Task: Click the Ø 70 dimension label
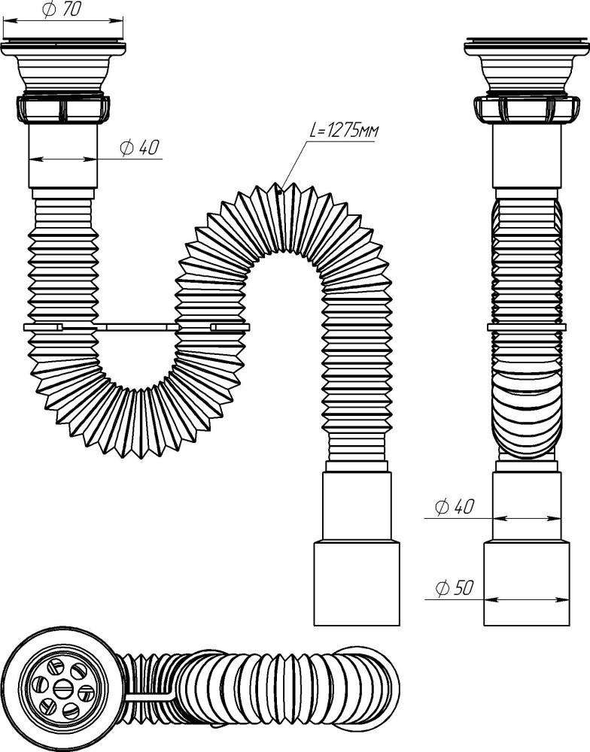pyautogui.click(x=62, y=9)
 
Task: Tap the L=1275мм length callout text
pyautogui.click(x=342, y=130)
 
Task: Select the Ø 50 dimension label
pyautogui.click(x=454, y=588)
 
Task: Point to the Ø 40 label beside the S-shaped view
pyautogui.click(x=139, y=147)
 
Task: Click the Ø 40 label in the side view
pyautogui.click(x=454, y=506)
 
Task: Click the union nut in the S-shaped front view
pyautogui.click(x=63, y=109)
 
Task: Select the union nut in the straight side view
pyautogui.click(x=527, y=109)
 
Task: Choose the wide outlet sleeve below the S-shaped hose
pyautogui.click(x=357, y=584)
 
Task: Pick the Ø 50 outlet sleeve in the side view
pyautogui.click(x=527, y=584)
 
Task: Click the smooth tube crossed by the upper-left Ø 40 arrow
pyautogui.click(x=63, y=156)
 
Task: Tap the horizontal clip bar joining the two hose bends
pyautogui.click(x=137, y=328)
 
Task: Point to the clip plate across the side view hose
pyautogui.click(x=527, y=328)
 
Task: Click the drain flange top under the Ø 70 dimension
pyautogui.click(x=63, y=46)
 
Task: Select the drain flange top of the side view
pyautogui.click(x=527, y=46)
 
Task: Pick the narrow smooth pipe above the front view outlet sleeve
pyautogui.click(x=357, y=507)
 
